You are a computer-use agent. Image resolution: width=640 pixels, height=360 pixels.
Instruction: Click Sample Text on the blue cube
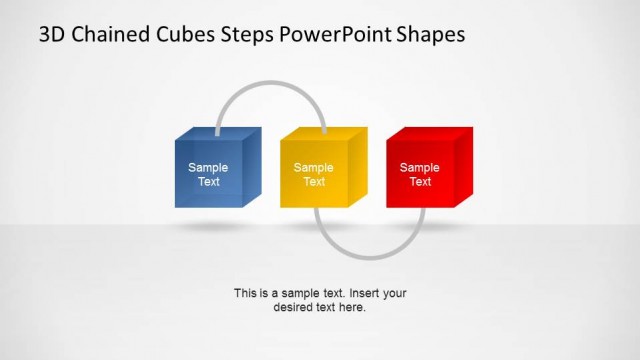(x=208, y=175)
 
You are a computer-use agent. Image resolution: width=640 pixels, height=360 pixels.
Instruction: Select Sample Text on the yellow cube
(x=314, y=175)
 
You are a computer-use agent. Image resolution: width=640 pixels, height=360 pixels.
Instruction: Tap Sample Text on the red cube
(x=420, y=175)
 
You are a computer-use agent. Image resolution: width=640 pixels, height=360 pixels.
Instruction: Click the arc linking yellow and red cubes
(x=370, y=256)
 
